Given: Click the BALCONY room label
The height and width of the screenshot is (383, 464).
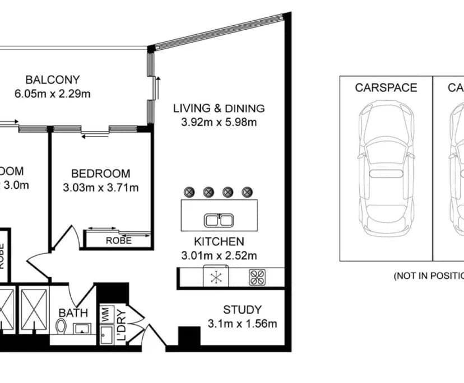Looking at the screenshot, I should [53, 80].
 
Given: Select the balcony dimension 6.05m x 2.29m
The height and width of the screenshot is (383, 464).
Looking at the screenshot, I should [53, 94].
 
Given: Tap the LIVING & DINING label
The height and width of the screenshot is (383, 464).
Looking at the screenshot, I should [219, 108].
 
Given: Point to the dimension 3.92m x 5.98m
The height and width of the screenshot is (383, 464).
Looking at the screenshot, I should [219, 122].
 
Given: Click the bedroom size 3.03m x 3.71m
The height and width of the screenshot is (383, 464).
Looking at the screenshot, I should [101, 188].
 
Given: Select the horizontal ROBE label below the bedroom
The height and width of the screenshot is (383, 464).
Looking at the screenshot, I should [119, 241].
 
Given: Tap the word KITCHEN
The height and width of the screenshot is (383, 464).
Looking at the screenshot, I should [219, 242].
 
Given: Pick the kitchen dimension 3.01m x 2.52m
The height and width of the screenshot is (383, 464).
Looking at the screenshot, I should [219, 256].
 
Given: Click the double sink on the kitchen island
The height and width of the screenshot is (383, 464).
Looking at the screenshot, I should [219, 220].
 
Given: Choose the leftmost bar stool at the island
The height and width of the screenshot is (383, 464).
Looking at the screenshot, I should [189, 192].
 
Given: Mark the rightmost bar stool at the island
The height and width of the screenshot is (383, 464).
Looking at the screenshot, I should [247, 192].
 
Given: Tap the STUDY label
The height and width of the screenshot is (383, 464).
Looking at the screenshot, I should [242, 310].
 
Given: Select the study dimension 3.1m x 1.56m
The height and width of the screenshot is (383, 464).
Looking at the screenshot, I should [242, 324].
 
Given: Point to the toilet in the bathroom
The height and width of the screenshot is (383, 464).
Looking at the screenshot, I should [62, 326].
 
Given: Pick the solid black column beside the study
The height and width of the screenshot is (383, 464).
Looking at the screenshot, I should [189, 337].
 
